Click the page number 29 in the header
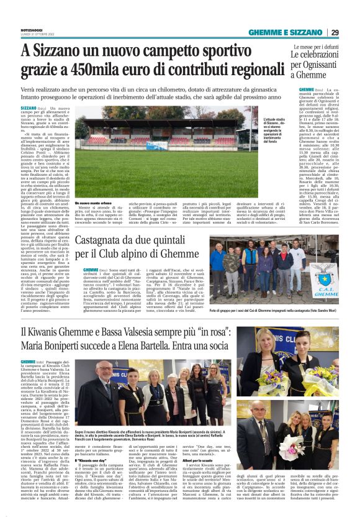click(334, 32)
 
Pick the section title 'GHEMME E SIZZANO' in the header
click(287, 33)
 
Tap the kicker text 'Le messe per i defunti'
click(315, 46)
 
